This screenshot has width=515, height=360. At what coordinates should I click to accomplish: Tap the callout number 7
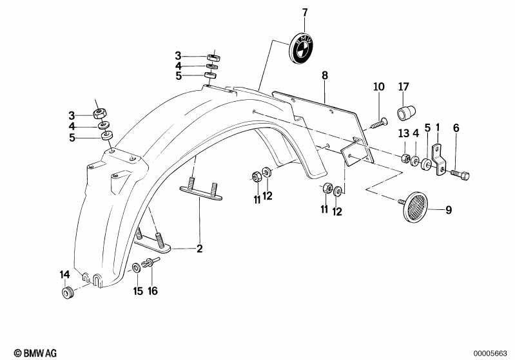[x=305, y=12]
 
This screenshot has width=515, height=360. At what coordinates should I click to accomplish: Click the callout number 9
[x=449, y=209]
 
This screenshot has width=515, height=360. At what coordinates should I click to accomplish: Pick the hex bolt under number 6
[x=461, y=173]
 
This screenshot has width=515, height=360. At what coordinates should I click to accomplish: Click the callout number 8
[x=325, y=75]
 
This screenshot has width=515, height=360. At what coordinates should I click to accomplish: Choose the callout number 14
[x=64, y=275]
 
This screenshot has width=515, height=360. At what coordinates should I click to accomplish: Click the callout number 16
[x=153, y=291]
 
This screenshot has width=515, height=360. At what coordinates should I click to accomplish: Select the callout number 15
[x=138, y=291]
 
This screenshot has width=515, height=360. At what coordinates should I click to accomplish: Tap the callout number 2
[x=199, y=248]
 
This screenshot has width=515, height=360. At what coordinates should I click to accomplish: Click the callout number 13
[x=403, y=133]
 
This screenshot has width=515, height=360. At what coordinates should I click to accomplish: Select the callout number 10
[x=378, y=86]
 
